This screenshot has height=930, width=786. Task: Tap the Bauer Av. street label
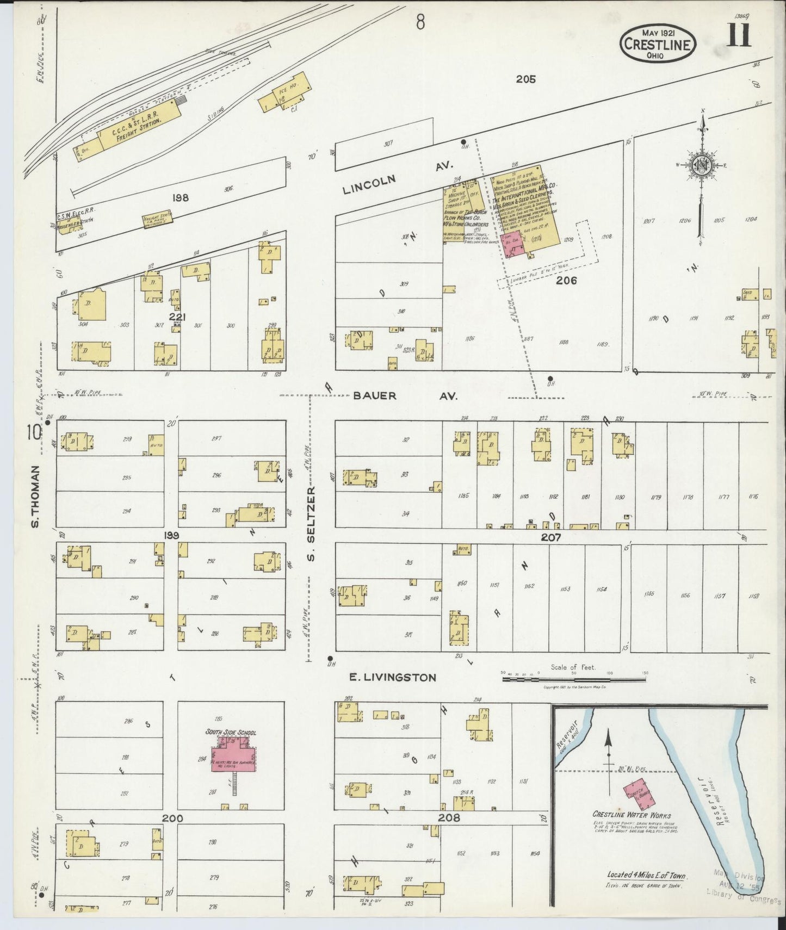[405, 396]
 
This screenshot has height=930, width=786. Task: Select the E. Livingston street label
[392, 677]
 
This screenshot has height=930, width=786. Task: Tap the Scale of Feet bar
[574, 679]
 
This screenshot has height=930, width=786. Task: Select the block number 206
[566, 281]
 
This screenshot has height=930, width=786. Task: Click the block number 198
[180, 198]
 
